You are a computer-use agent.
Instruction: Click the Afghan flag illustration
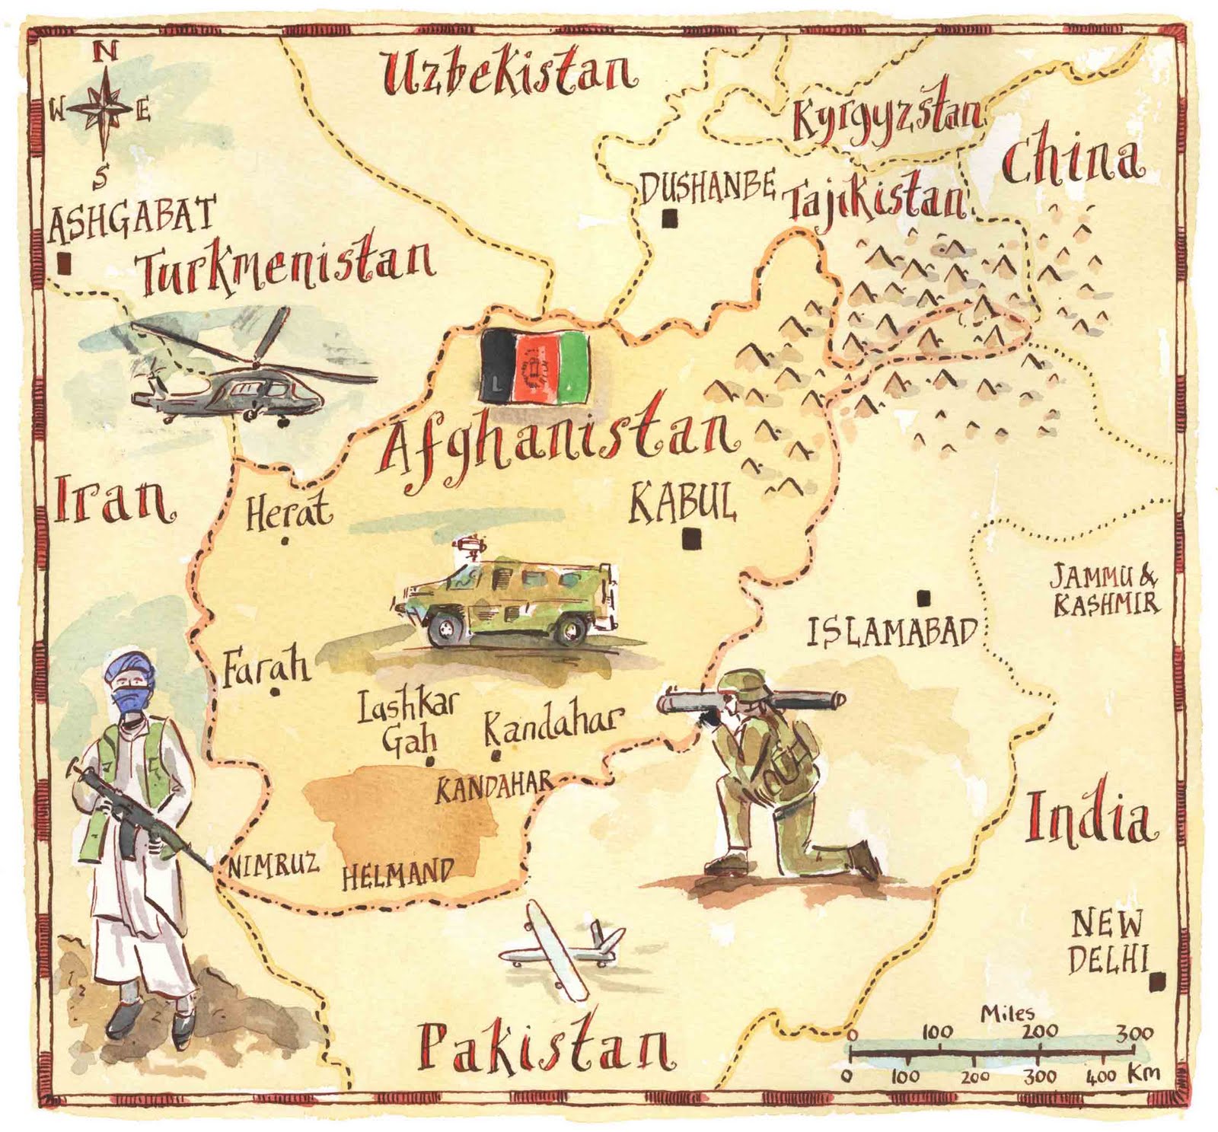(x=535, y=366)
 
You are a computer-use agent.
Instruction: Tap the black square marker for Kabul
(x=691, y=538)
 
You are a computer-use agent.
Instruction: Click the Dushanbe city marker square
(x=670, y=218)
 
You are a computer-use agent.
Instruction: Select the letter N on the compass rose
(x=106, y=52)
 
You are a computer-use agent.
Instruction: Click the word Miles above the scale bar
(x=1006, y=1013)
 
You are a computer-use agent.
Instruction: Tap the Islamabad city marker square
(x=923, y=598)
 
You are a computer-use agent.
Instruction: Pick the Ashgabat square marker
(x=64, y=263)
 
